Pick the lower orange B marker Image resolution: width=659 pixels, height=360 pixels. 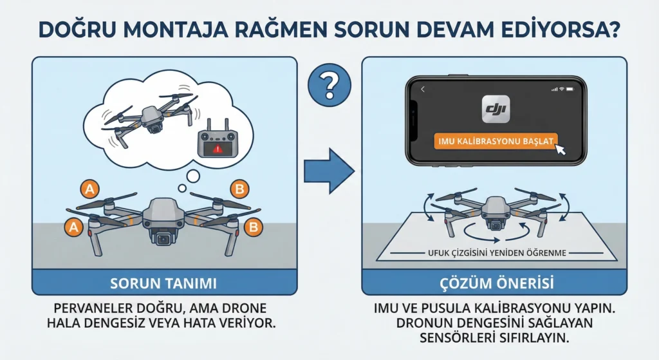point(252,227)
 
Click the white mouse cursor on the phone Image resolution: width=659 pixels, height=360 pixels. point(560,149)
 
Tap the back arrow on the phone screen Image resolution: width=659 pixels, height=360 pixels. point(423,90)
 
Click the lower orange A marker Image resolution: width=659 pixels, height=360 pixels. point(74,227)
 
